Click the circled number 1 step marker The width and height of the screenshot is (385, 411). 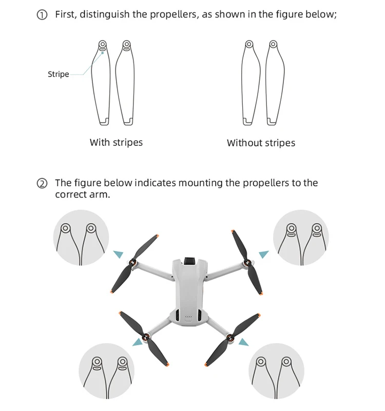click(43, 15)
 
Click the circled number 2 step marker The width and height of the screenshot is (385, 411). click(43, 183)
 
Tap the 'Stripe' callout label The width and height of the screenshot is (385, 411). click(58, 74)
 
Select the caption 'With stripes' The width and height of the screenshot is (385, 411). click(116, 142)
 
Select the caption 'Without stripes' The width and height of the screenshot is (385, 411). click(261, 143)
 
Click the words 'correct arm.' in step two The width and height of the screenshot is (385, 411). click(83, 195)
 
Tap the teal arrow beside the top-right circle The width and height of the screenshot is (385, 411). click(263, 254)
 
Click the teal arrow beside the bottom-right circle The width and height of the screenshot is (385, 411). click(243, 342)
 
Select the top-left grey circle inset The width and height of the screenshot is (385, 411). click(81, 238)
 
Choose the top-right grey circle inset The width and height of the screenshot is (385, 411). click(301, 238)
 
